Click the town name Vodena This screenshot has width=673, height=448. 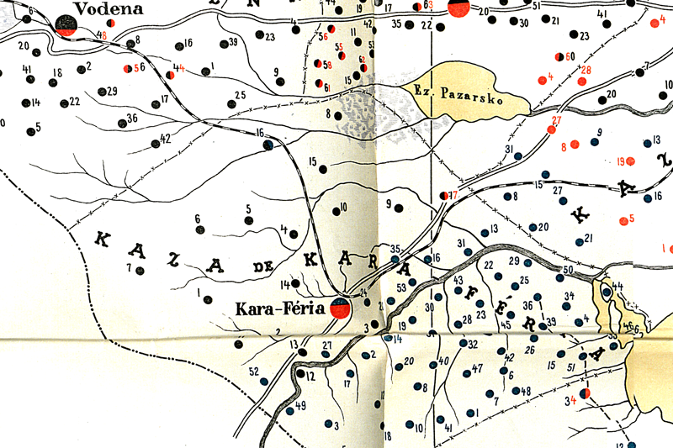[106, 8]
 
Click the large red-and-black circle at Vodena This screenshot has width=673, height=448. [67, 25]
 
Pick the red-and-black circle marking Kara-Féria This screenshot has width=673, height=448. [340, 308]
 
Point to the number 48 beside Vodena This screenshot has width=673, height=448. [102, 35]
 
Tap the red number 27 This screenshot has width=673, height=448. [554, 120]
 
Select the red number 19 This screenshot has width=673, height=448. [622, 161]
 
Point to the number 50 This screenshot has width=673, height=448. [568, 269]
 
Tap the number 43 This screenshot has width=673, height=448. [458, 280]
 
